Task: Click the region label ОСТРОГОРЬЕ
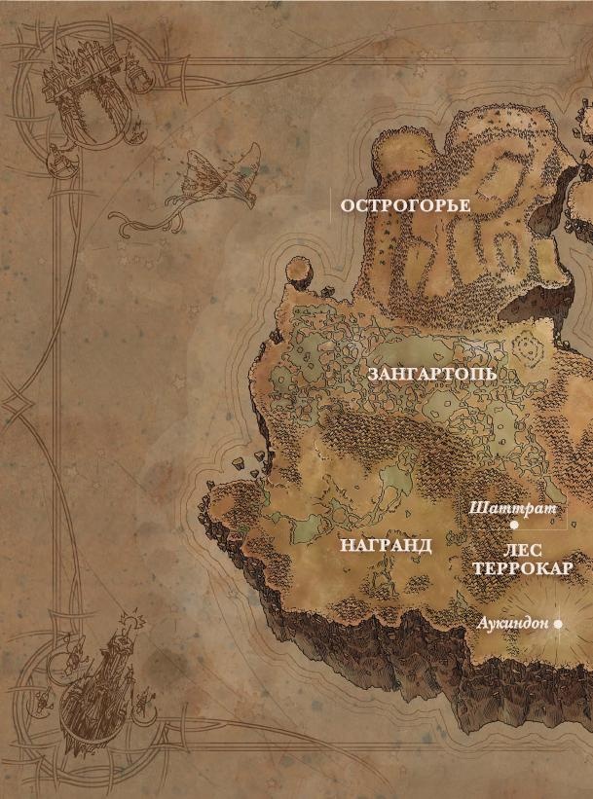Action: pos(405,206)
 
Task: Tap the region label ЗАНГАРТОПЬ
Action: pos(432,375)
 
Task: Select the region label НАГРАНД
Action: pos(386,545)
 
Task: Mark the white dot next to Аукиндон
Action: pos(558,624)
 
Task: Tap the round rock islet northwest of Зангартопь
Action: pos(298,269)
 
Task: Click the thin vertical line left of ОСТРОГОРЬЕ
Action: pos(328,206)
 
